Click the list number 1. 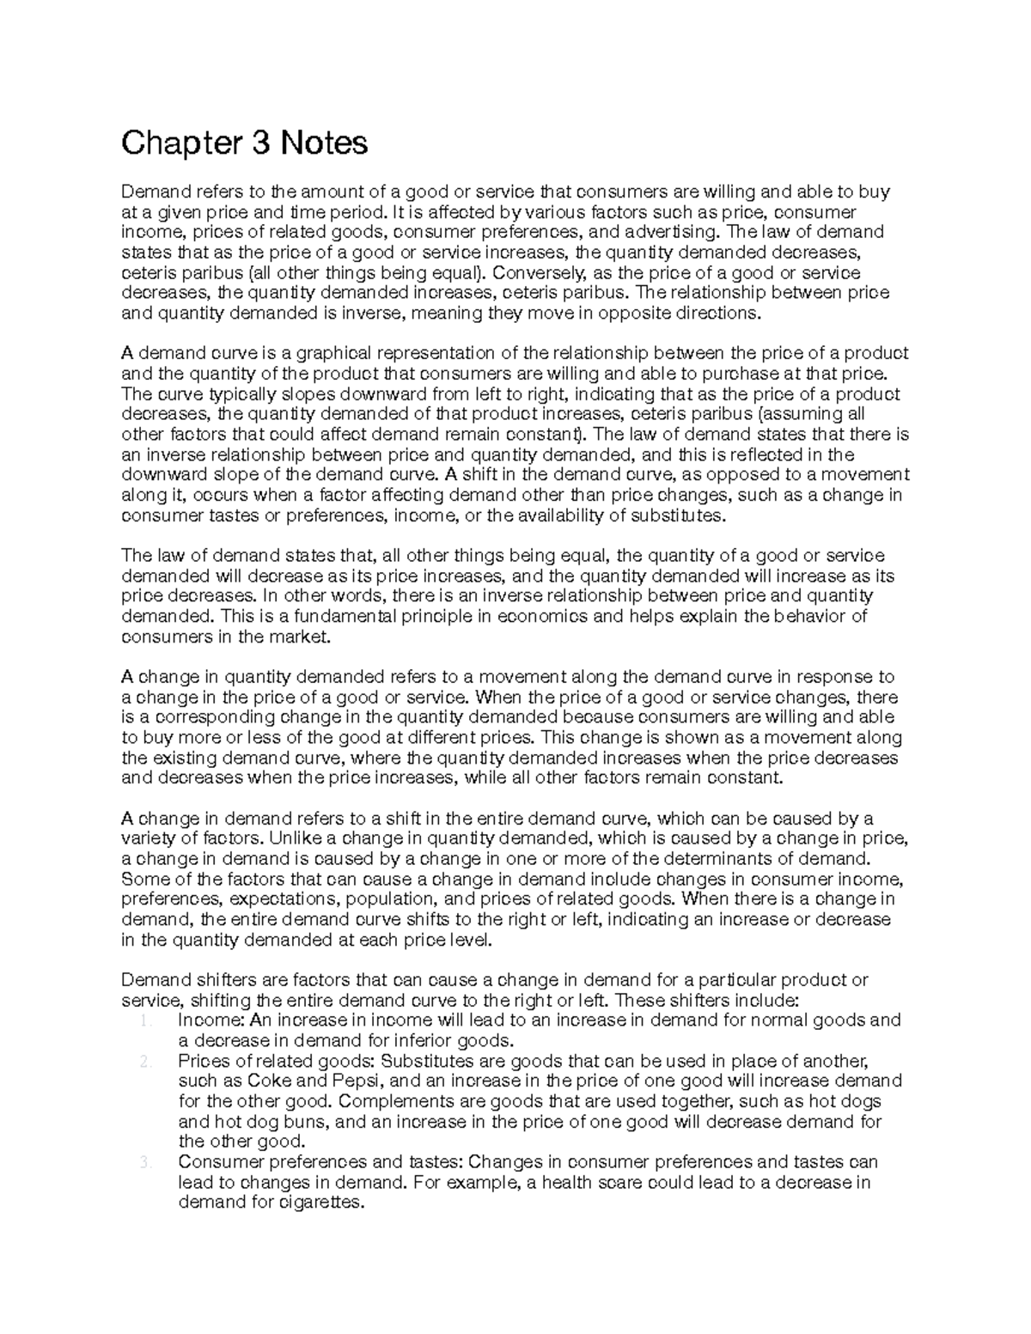[x=144, y=1021]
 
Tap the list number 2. [x=144, y=1062]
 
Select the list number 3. [x=144, y=1163]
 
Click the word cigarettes [x=325, y=1203]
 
